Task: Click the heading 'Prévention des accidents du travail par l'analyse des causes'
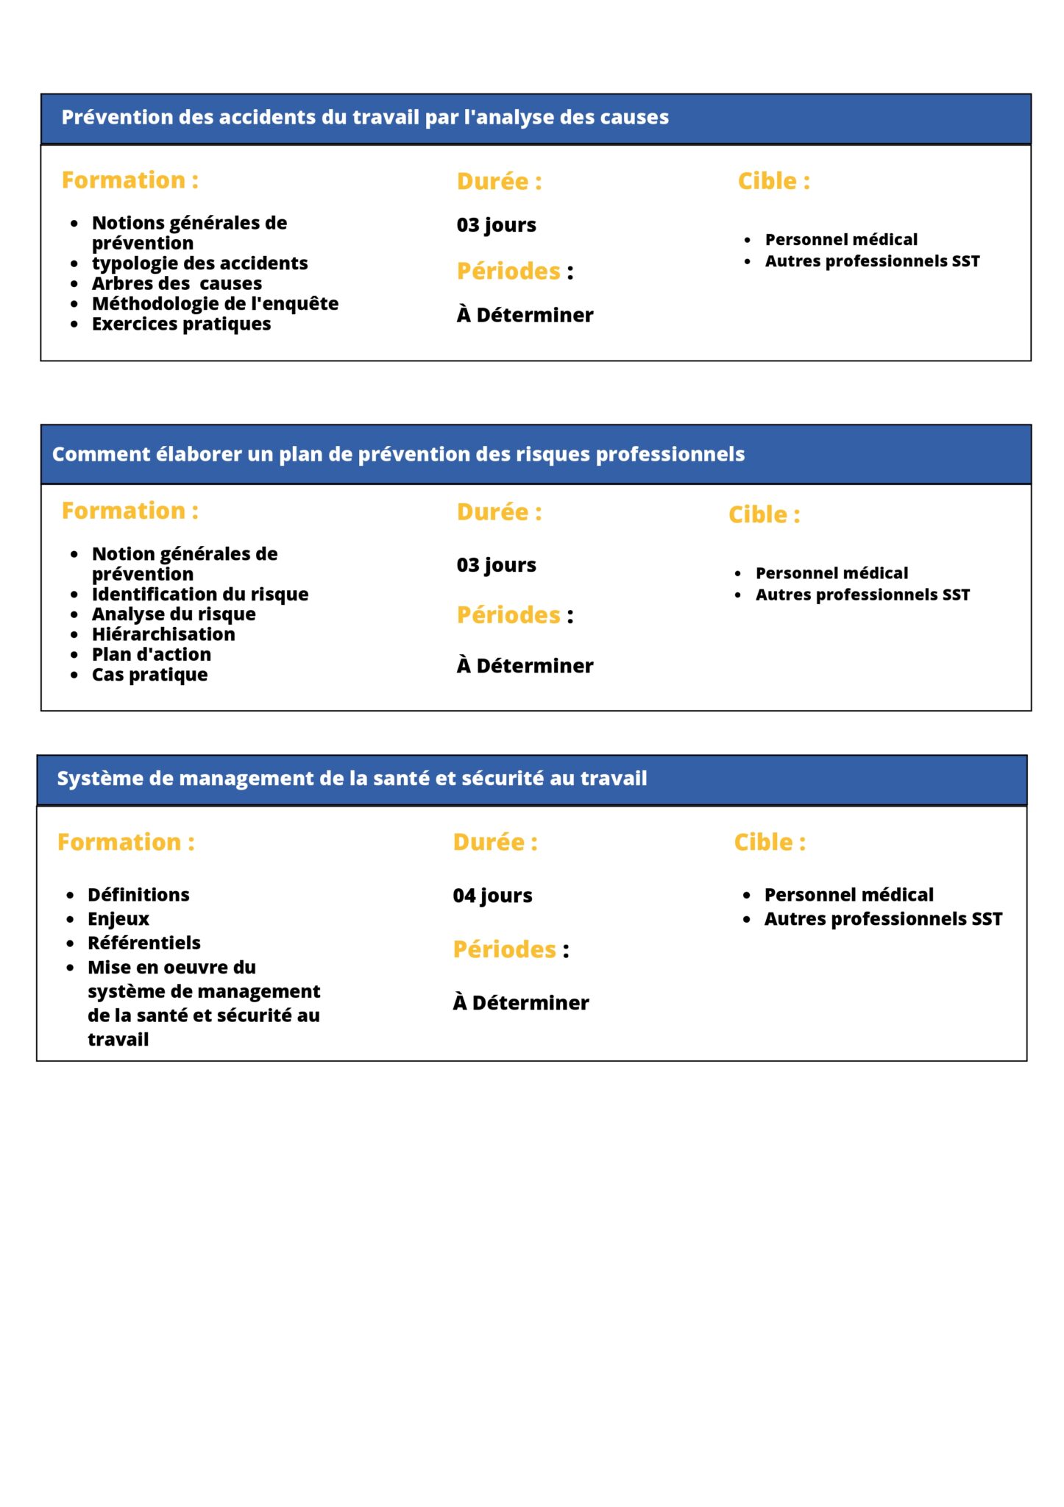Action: tap(365, 118)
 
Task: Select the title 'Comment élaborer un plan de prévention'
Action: tap(398, 455)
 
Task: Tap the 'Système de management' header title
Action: tap(352, 779)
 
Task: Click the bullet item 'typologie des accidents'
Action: tap(199, 263)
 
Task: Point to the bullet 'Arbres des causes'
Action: tap(177, 284)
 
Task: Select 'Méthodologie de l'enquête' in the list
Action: tap(215, 304)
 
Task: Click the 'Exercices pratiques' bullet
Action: tap(181, 325)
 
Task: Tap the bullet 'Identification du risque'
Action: tap(199, 595)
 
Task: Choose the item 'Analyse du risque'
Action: tap(174, 614)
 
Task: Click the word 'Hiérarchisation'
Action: tap(163, 634)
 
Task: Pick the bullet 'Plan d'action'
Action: tap(151, 655)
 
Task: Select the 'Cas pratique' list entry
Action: tap(149, 675)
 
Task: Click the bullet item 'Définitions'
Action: tap(138, 895)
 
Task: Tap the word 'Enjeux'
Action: tap(118, 919)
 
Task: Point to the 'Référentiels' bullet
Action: tap(143, 943)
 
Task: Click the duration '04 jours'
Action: tap(492, 896)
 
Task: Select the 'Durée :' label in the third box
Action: tap(495, 843)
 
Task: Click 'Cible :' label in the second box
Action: tap(764, 515)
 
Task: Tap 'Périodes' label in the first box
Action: tap(508, 272)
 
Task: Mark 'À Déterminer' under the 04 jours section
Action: tap(521, 1003)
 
